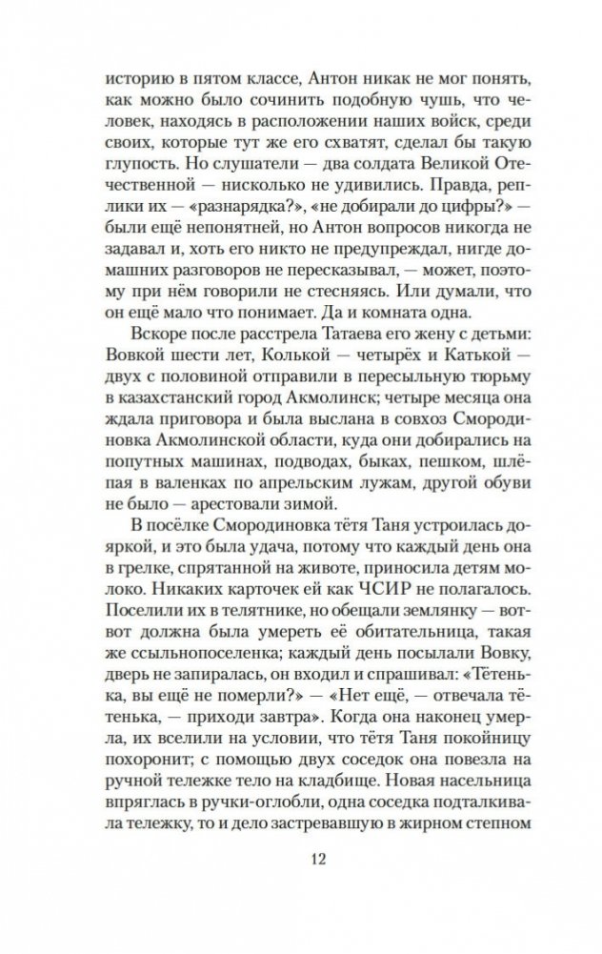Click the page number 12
(x=301, y=859)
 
